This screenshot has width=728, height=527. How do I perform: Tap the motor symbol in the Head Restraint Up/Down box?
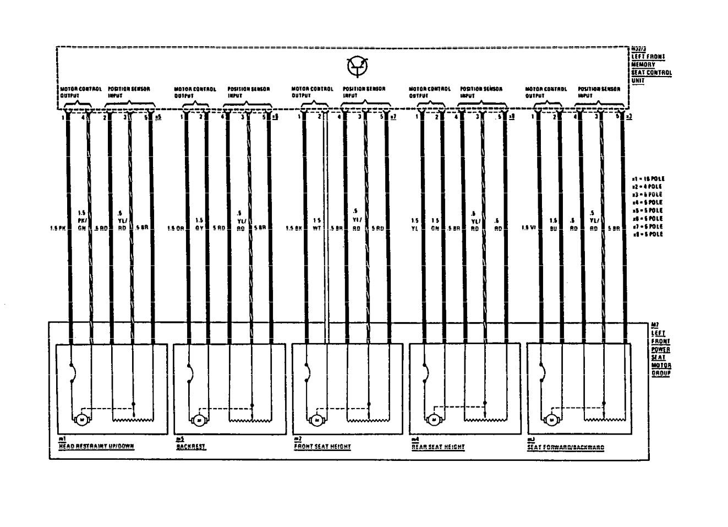pyautogui.click(x=81, y=420)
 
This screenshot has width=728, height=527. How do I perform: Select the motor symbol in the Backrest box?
pyautogui.click(x=198, y=420)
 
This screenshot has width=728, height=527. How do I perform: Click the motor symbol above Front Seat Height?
pyautogui.click(x=316, y=420)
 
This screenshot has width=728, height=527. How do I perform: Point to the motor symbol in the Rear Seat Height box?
pyautogui.click(x=434, y=420)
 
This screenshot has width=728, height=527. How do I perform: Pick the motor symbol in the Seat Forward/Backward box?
pyautogui.click(x=551, y=420)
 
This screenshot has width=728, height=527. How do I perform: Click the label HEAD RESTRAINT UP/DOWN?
pyautogui.click(x=96, y=446)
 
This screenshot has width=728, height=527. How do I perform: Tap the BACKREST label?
pyautogui.click(x=191, y=447)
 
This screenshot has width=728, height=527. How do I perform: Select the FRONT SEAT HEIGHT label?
pyautogui.click(x=322, y=447)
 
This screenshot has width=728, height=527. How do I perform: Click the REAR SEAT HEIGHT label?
pyautogui.click(x=439, y=447)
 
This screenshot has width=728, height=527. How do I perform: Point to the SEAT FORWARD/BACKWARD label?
pyautogui.click(x=565, y=447)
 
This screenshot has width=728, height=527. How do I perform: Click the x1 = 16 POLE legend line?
pyautogui.click(x=649, y=179)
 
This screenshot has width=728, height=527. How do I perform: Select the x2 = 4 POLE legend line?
pyautogui.click(x=648, y=187)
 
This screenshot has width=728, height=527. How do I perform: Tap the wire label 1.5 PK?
pyautogui.click(x=57, y=227)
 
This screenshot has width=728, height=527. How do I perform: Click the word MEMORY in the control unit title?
pyautogui.click(x=643, y=65)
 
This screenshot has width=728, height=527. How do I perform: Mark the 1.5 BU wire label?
pyautogui.click(x=553, y=224)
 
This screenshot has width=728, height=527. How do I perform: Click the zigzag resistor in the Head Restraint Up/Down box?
pyautogui.click(x=132, y=420)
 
